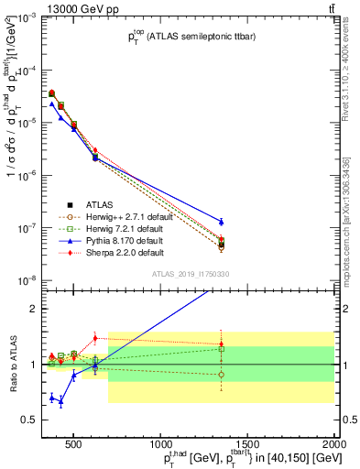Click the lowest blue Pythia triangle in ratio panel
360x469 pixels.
(x=60, y=401)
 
